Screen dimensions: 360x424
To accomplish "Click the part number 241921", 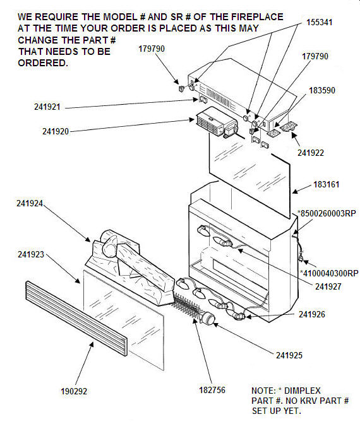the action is pos(47,107).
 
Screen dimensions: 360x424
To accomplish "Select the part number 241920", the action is pos(56,131).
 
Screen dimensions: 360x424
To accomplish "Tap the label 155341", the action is pos(319,22).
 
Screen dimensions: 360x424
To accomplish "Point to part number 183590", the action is pos(322,90).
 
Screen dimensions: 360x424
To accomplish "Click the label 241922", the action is pos(311,153).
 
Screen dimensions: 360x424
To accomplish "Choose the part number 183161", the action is pos(326,184).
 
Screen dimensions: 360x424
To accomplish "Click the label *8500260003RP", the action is pos(327,213).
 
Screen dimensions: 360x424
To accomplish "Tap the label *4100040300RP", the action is pos(329,273).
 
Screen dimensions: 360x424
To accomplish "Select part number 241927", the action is pos(328,286).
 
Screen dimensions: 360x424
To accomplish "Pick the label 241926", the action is pos(312,314).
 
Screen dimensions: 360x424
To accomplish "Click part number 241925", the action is pos(289,355).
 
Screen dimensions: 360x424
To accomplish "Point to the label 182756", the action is pos(212,390).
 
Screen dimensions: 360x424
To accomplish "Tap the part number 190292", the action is pos(74,391).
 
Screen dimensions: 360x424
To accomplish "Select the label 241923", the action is pos(31,254).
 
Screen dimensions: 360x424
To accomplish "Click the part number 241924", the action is pos(30,203).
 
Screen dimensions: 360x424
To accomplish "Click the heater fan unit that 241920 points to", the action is pos(217,122).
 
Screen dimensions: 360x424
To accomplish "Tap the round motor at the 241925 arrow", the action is pos(208,318).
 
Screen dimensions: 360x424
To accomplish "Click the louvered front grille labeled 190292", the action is pos(76,318).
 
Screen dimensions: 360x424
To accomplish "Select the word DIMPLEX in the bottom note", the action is pos(302,391).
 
